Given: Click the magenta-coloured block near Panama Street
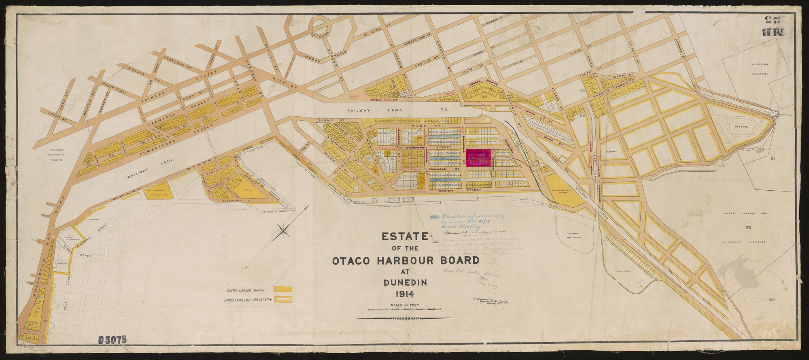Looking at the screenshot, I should [479, 158].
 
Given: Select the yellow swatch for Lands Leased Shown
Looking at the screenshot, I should [283, 289].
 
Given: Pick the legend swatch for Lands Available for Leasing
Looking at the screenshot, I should [283, 299].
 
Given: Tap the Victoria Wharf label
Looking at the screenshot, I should [379, 207].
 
